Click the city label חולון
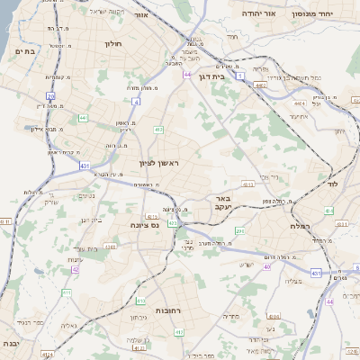click(x=112, y=43)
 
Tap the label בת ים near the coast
click(x=24, y=51)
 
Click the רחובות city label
click(x=170, y=310)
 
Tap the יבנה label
click(x=10, y=344)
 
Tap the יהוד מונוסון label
click(x=328, y=14)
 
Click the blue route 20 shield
click(x=51, y=95)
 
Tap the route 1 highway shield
click(x=240, y=76)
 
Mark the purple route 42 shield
click(x=76, y=268)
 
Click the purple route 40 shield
click(x=267, y=266)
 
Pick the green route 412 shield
click(x=158, y=130)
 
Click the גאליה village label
click(x=67, y=325)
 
